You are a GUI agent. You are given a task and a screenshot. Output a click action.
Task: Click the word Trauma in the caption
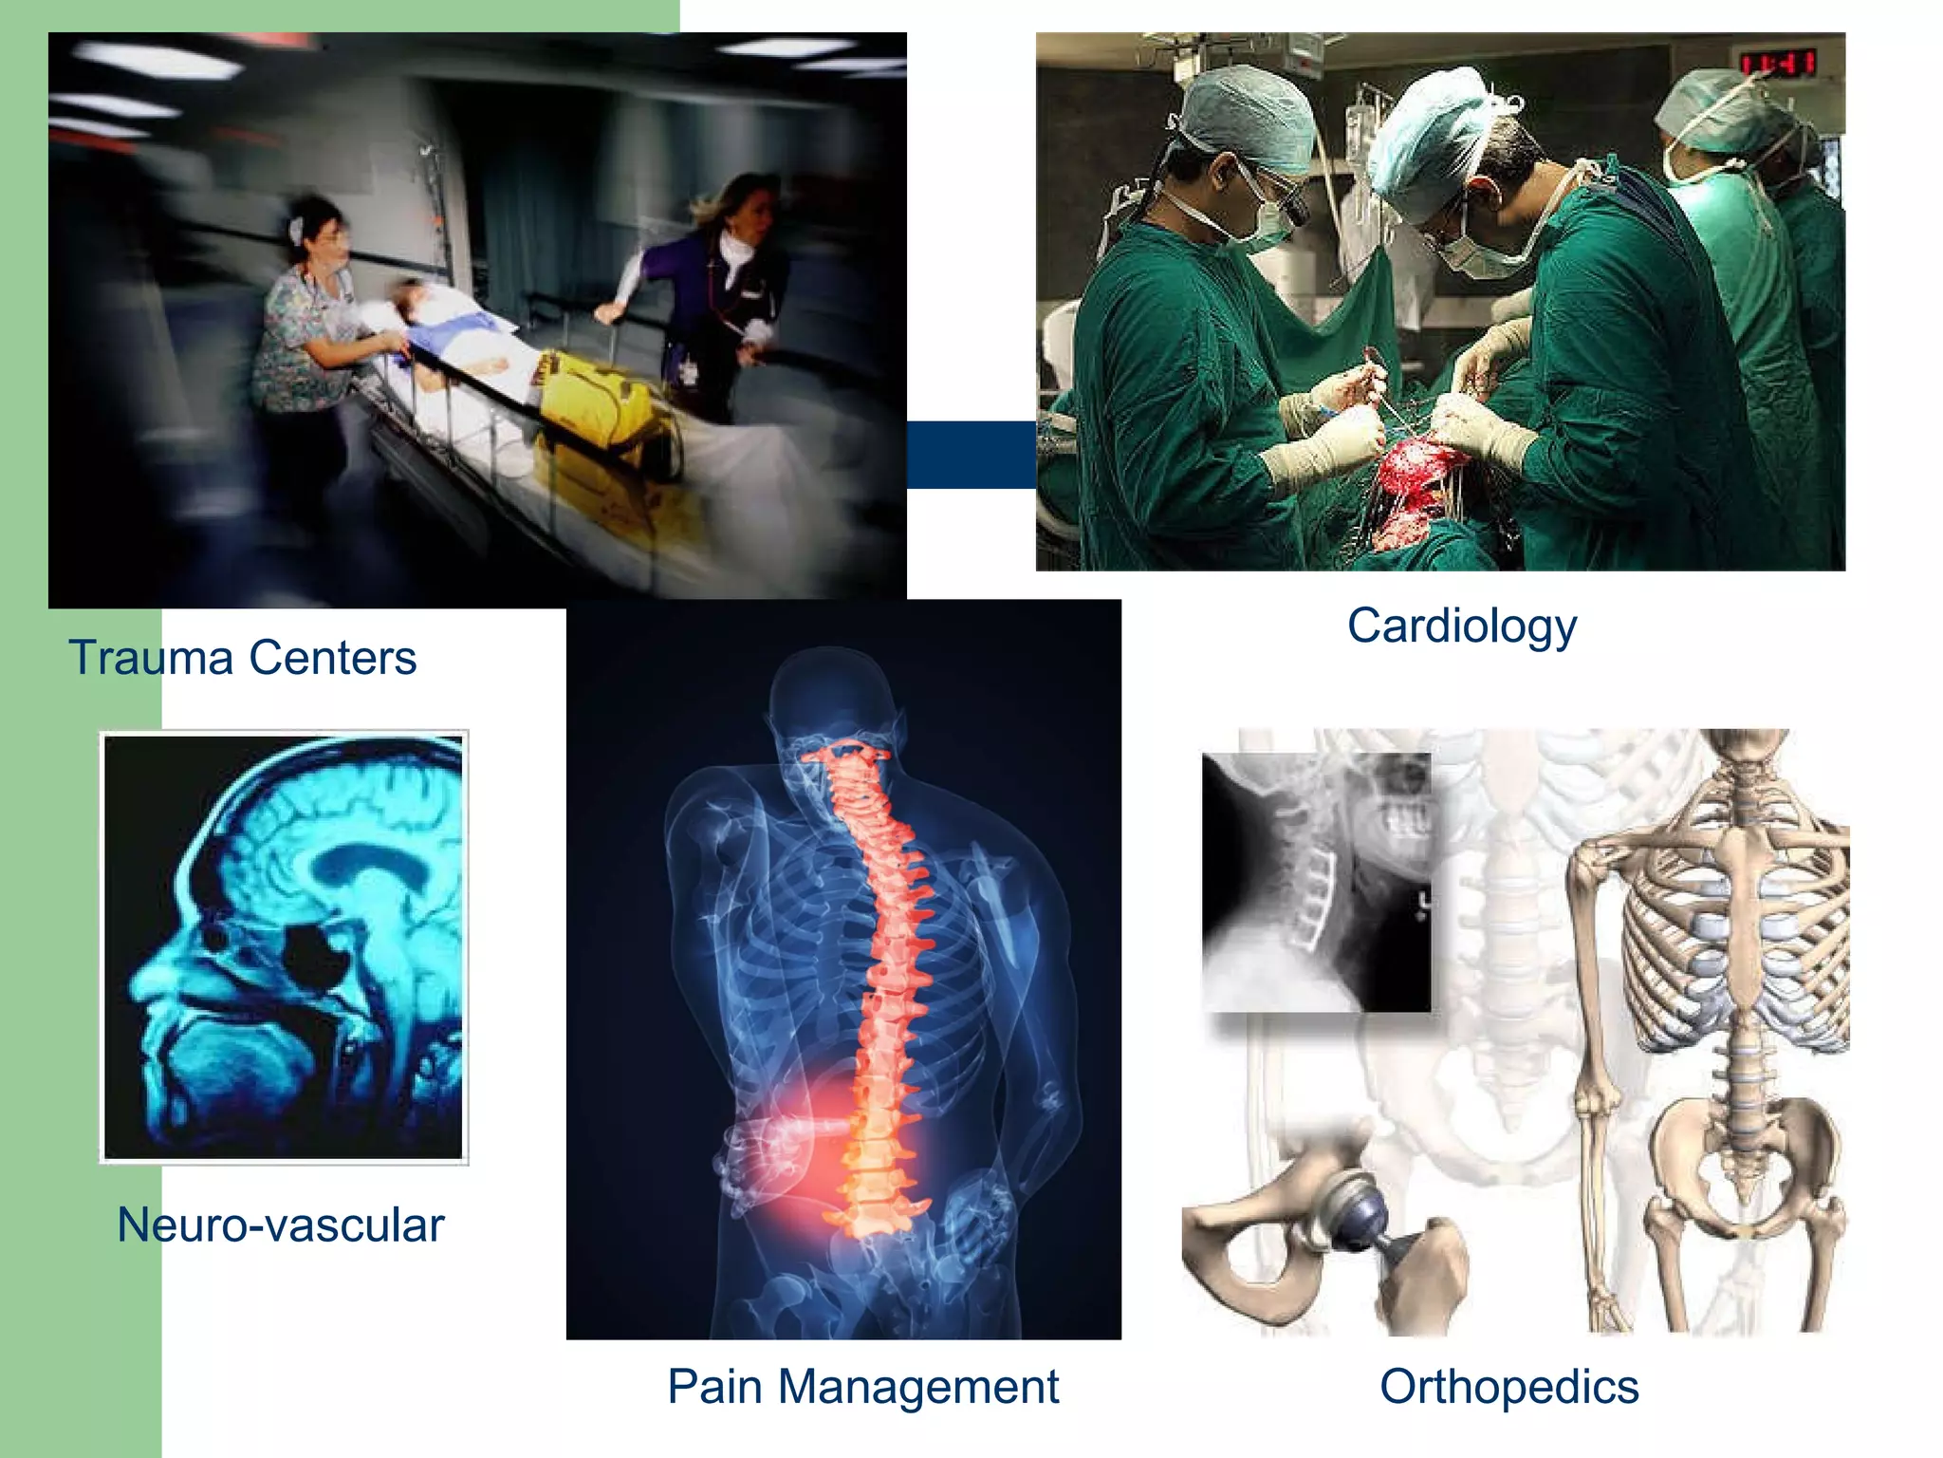pos(151,658)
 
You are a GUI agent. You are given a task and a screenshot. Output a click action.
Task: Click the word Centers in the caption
pos(332,658)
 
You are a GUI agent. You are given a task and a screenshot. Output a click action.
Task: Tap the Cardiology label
pos(1462,627)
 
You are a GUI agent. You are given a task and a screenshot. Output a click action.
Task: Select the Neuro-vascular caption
pos(281,1224)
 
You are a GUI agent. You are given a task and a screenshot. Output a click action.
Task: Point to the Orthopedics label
pos(1508,1387)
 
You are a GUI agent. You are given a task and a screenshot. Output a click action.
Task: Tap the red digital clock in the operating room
pos(1778,64)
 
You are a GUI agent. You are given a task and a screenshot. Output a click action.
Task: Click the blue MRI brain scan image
pos(284,946)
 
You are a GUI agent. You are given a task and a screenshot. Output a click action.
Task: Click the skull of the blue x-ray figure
pos(830,693)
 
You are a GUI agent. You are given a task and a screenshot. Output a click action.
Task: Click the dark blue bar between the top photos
pos(971,454)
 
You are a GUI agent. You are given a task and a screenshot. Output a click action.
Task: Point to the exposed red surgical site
pos(1418,484)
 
